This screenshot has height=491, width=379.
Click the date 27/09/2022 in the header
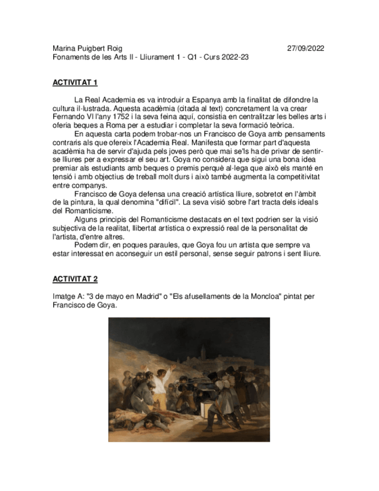[306, 49]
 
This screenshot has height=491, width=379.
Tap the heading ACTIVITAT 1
[75, 83]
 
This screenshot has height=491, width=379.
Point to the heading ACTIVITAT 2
[75, 279]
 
